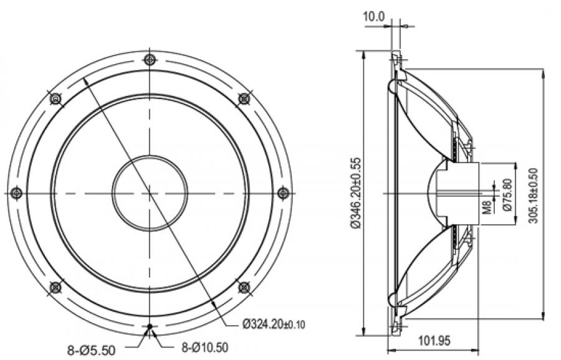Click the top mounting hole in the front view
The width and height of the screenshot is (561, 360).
(150, 60)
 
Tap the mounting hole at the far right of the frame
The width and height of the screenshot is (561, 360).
(283, 192)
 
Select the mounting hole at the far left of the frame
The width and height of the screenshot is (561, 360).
(17, 192)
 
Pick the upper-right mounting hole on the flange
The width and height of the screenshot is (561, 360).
(244, 98)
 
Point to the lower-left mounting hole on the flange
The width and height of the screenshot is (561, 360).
(55, 287)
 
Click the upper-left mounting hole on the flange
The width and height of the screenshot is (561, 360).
(55, 98)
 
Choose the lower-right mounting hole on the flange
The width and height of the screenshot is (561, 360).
(244, 287)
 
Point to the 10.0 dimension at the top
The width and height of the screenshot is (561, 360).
(374, 17)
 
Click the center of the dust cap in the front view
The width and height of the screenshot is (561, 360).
(150, 192)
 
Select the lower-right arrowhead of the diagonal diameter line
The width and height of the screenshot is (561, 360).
(214, 303)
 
